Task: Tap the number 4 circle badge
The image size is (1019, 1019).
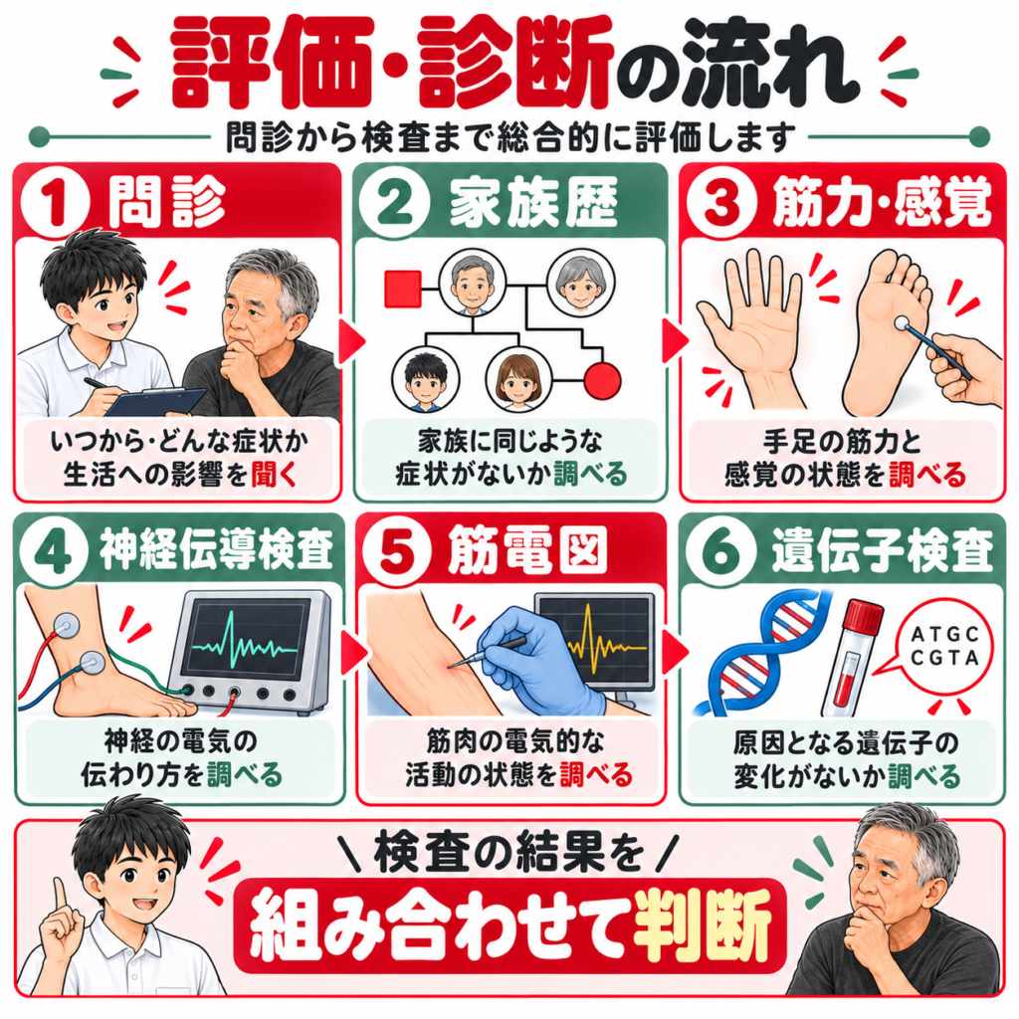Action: [55, 551]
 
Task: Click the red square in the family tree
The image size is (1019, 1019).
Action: [403, 289]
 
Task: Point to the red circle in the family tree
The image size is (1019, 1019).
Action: [602, 380]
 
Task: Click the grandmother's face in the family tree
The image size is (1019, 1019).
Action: [580, 285]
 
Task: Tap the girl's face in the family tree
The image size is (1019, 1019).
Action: [517, 379]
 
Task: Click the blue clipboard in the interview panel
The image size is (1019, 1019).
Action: [156, 401]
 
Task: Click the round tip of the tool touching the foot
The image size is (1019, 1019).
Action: [902, 323]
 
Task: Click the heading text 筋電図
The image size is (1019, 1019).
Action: [527, 550]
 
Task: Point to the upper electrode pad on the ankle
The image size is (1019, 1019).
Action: [67, 626]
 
